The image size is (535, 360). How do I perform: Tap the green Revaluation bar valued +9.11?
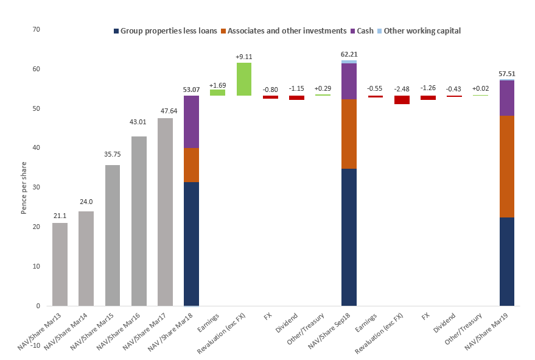(244, 79)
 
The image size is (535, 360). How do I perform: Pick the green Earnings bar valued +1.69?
(217, 93)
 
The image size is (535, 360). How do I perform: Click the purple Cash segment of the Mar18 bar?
(191, 122)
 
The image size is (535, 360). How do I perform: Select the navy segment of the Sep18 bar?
(349, 237)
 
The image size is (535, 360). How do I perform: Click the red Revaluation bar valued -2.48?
(402, 100)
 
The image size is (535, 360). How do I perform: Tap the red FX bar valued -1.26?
(428, 97)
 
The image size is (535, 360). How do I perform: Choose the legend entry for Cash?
(364, 30)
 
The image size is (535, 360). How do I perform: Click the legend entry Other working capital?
(422, 30)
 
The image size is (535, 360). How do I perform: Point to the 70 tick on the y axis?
(36, 29)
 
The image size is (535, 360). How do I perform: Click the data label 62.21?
(349, 54)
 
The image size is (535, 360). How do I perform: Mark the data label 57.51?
(507, 73)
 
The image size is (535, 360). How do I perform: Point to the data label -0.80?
(270, 89)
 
